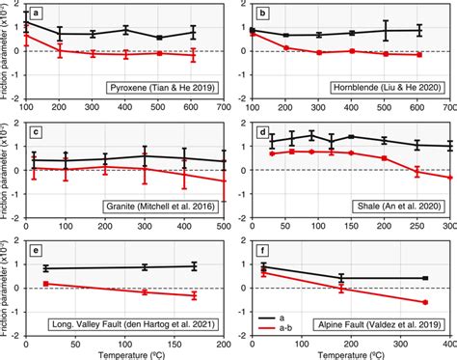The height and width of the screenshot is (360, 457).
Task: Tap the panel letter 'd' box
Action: [x=263, y=131]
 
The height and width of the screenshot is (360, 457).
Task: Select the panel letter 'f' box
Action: [x=263, y=247]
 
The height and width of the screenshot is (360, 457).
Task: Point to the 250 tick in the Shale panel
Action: [x=417, y=225]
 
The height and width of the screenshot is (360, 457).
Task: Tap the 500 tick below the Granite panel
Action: [x=225, y=225]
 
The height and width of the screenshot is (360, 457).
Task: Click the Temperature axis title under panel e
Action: [x=125, y=354]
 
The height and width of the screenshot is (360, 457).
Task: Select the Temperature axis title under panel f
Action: [x=352, y=354]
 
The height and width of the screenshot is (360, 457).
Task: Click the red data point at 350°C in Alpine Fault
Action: [x=425, y=302]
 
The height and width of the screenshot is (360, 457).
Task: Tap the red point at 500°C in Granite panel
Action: [x=225, y=180]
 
